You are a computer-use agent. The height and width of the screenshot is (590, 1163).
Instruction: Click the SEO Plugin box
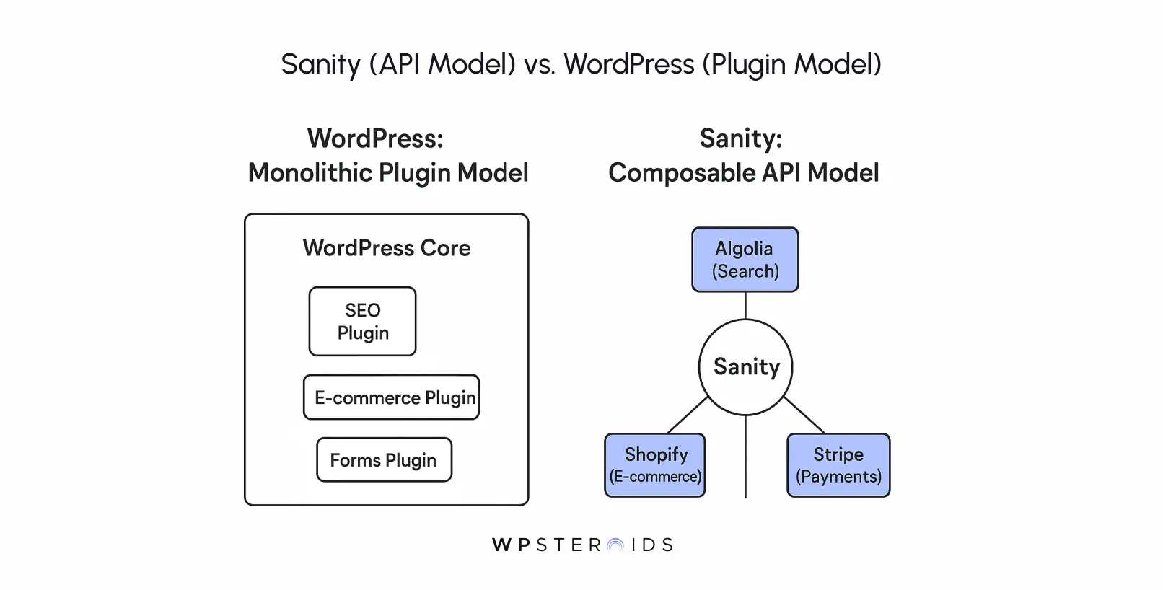pyautogui.click(x=362, y=322)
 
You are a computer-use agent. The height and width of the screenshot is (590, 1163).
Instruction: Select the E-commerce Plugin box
pyautogui.click(x=391, y=397)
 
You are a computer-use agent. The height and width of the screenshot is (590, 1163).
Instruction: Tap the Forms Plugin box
pyautogui.click(x=384, y=460)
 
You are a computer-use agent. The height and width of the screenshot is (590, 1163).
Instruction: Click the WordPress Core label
pyautogui.click(x=386, y=248)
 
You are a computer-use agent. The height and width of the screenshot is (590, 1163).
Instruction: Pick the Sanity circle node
pyautogui.click(x=745, y=367)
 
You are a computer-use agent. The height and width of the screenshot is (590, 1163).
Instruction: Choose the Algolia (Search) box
pyautogui.click(x=745, y=260)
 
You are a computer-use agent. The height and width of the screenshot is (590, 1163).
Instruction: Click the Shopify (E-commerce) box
pyautogui.click(x=654, y=465)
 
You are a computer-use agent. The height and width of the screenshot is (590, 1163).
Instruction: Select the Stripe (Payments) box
pyautogui.click(x=838, y=465)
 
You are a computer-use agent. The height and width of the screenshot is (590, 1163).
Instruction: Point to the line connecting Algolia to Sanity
pyautogui.click(x=745, y=306)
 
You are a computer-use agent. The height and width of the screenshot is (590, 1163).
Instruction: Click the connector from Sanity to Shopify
pyautogui.click(x=688, y=415)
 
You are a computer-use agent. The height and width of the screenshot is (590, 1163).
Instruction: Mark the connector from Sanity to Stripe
pyautogui.click(x=804, y=415)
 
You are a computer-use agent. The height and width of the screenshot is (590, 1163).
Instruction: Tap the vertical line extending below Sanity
pyautogui.click(x=745, y=458)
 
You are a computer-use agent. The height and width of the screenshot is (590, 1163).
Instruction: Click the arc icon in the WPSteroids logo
pyautogui.click(x=615, y=545)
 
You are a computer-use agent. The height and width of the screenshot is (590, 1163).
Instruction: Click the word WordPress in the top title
pyautogui.click(x=628, y=64)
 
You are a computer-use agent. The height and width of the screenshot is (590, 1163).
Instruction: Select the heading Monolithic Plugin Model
pyautogui.click(x=388, y=173)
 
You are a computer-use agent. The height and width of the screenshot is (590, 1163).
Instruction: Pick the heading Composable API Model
pyautogui.click(x=743, y=173)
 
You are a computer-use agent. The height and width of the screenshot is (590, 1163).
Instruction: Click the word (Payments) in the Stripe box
pyautogui.click(x=838, y=477)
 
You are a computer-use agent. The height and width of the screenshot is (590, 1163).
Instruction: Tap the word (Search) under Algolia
pyautogui.click(x=745, y=272)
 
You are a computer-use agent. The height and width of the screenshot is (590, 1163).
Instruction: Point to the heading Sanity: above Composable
pyautogui.click(x=741, y=138)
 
